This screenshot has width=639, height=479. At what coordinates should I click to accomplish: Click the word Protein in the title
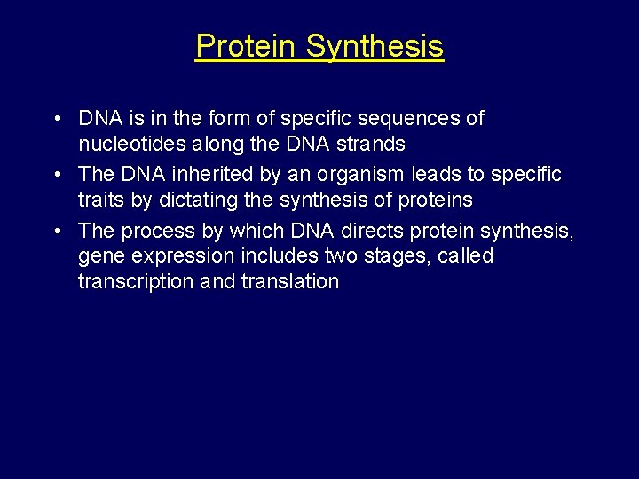click(x=247, y=46)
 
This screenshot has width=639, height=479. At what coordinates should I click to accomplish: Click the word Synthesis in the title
click(x=375, y=47)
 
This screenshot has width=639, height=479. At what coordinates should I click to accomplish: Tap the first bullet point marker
click(x=57, y=119)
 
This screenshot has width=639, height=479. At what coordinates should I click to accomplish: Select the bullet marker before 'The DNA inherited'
click(x=57, y=175)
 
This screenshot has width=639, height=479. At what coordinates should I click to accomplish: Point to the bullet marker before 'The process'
click(x=57, y=232)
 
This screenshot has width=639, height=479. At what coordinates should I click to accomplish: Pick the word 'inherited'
click(x=214, y=175)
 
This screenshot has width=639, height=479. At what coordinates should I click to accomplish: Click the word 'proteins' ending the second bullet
click(x=435, y=201)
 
